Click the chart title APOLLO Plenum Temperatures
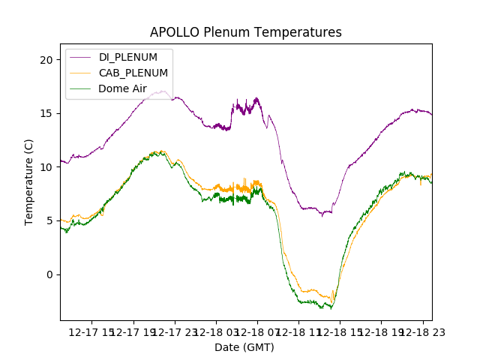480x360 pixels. click(x=245, y=32)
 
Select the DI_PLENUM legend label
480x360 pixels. click(x=128, y=57)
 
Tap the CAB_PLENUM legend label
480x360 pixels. click(x=133, y=73)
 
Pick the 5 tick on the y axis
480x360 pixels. click(x=51, y=220)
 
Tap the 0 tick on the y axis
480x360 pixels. click(x=51, y=274)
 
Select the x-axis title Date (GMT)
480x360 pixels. click(x=244, y=347)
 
